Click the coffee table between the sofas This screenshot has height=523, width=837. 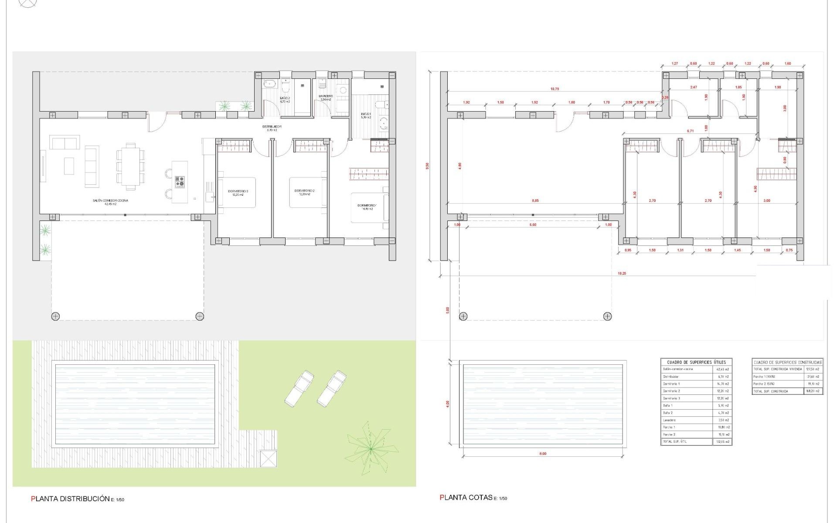(69, 166)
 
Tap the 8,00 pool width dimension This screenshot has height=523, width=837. (543, 454)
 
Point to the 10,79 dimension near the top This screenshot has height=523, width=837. (555, 89)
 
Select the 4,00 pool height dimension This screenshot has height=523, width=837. (448, 404)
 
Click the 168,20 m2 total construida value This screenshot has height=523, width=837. (813, 391)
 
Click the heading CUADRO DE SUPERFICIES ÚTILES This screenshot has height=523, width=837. (696, 362)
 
